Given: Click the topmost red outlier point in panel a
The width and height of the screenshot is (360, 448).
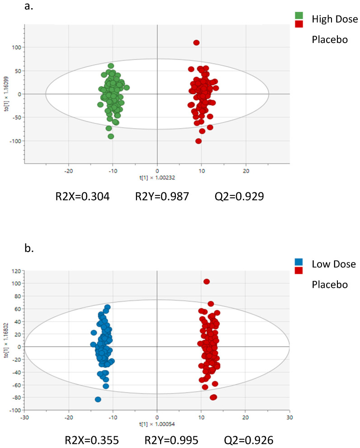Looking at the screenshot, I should point(196,43).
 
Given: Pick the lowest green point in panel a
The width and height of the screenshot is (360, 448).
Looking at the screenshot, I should point(111,136).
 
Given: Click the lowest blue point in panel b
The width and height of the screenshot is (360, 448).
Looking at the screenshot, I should point(98,399).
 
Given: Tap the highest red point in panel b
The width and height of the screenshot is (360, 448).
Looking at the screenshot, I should point(207,281).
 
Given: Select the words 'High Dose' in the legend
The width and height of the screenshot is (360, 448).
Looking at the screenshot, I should point(335,19).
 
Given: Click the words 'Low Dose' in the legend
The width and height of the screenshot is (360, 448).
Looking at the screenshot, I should point(334,264).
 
